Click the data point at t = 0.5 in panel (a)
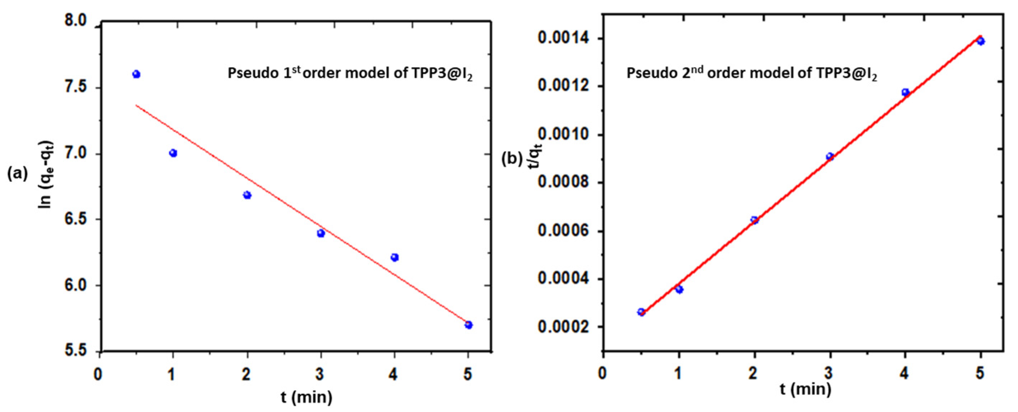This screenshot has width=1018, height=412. (x=136, y=74)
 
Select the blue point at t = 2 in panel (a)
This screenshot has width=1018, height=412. (x=247, y=195)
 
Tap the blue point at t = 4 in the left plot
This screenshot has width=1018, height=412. (x=394, y=258)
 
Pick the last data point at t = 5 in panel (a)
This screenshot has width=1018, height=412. (x=469, y=325)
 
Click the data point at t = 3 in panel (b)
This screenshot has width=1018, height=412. (x=830, y=157)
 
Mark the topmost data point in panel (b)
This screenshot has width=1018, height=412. (x=980, y=41)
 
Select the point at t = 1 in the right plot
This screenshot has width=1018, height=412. (x=679, y=289)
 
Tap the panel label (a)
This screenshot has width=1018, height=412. (x=17, y=173)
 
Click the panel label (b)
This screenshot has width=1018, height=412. (x=512, y=159)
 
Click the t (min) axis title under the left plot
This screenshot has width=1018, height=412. (x=307, y=397)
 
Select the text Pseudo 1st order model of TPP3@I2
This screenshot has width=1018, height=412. (x=350, y=74)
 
